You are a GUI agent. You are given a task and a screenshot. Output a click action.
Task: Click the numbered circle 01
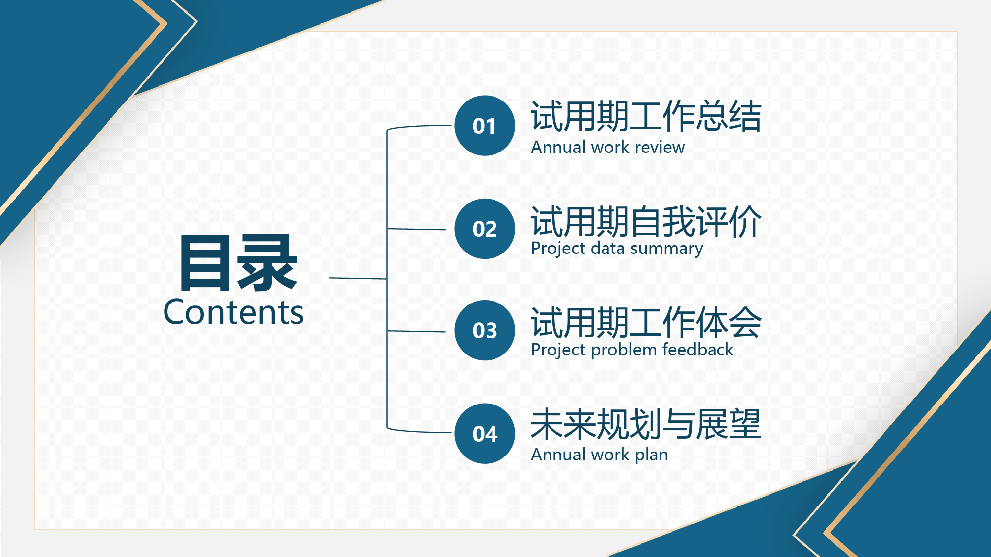click(485, 126)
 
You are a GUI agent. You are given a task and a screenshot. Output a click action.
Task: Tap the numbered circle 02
click(485, 229)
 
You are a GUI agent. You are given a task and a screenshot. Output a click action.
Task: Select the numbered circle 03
click(485, 330)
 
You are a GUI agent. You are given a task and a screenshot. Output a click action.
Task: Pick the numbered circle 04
click(485, 434)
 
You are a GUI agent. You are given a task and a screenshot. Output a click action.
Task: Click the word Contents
click(233, 312)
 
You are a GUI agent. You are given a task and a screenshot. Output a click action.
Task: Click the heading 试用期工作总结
click(646, 116)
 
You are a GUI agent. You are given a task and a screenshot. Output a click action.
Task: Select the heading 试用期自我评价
click(646, 221)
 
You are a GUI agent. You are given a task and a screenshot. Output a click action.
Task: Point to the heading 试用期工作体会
click(646, 322)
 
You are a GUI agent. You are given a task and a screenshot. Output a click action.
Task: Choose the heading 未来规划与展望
click(646, 424)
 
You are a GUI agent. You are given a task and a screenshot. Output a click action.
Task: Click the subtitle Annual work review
click(607, 148)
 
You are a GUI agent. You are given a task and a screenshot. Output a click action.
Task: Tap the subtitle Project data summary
click(616, 249)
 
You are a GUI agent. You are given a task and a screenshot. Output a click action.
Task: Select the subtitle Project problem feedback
click(632, 350)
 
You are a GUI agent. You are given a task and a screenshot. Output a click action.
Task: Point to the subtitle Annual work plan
click(599, 455)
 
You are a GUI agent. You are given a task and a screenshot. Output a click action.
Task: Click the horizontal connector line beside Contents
click(358, 278)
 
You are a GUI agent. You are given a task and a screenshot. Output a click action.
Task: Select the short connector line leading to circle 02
click(417, 229)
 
